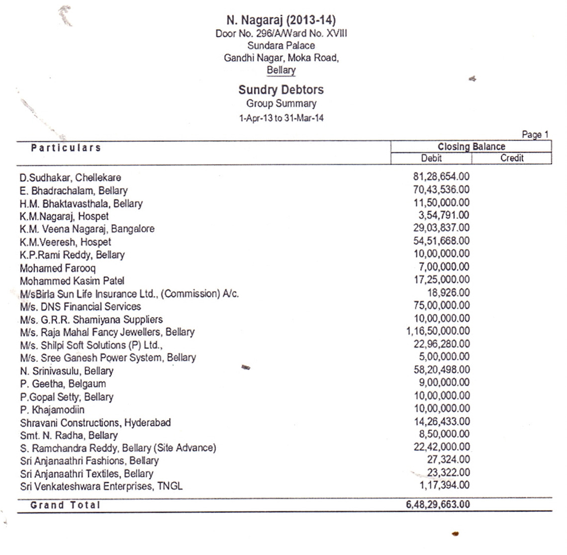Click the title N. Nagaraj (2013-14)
[281, 20]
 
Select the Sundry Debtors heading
[281, 90]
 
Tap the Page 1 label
[535, 134]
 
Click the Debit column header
[431, 158]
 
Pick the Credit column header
[512, 158]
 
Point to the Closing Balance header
[471, 147]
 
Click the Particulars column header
[66, 148]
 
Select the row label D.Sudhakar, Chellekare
[70, 178]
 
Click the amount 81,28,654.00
[441, 177]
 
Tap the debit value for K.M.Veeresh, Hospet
[441, 241]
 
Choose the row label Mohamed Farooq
[58, 268]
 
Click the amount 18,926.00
[448, 293]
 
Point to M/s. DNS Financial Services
[80, 306]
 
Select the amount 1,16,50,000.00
[438, 331]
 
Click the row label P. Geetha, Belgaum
[63, 384]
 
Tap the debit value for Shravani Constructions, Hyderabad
[441, 422]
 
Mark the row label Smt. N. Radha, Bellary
[69, 435]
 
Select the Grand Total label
[65, 505]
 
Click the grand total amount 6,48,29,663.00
[438, 505]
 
